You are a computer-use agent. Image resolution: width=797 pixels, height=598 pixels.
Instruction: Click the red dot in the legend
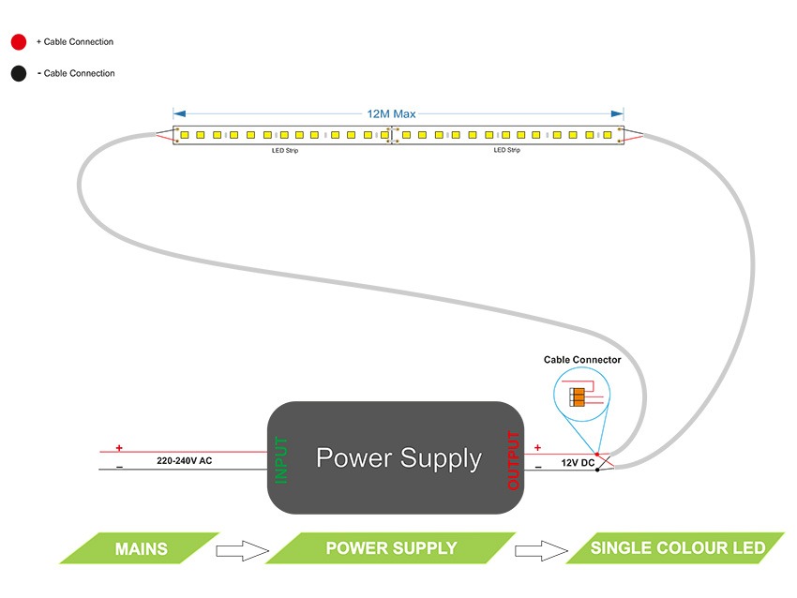pos(18,42)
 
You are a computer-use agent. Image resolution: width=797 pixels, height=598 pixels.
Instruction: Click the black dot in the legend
pos(18,73)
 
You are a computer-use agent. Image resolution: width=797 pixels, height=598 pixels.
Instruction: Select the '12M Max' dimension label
pos(391,113)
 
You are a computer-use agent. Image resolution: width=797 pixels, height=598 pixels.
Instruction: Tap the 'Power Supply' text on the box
pos(398,458)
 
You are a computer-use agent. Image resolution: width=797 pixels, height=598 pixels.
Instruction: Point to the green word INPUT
pos(281,459)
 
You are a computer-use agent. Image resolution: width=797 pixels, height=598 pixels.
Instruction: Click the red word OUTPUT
pos(513,459)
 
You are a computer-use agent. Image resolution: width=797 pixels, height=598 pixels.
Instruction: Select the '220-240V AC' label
pos(185,461)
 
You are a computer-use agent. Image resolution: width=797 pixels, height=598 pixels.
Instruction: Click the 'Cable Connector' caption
pos(582,360)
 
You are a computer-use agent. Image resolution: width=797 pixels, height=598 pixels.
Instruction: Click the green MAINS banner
pos(141,548)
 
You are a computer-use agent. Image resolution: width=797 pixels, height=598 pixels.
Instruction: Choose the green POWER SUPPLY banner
pos(391,548)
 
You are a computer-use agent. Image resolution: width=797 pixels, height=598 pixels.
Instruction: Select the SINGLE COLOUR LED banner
pos(677,548)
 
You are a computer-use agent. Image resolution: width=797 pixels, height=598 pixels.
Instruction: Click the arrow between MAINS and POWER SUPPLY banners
pos(242,549)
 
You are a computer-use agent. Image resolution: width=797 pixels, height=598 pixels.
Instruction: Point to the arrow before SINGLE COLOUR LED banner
pos(541,549)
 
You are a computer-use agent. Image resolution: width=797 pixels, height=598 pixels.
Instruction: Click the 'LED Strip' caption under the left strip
pos(285,150)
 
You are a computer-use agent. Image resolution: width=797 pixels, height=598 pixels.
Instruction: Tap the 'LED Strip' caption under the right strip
pos(506,150)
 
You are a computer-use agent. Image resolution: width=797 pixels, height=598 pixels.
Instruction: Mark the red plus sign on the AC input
pos(119,448)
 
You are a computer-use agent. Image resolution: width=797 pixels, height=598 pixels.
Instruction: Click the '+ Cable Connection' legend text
pos(75,42)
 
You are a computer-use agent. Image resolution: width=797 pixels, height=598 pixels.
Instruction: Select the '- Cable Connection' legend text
pos(76,73)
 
